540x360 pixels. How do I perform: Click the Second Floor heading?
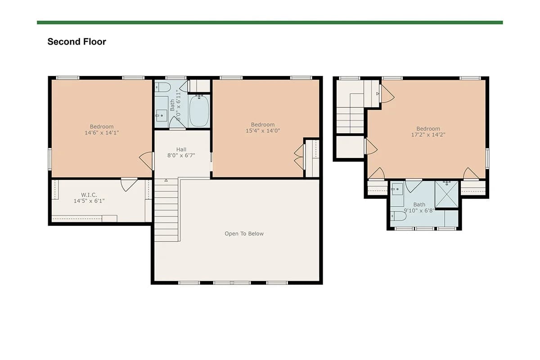pyautogui.click(x=76, y=42)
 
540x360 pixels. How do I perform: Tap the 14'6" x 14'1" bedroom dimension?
pyautogui.click(x=102, y=133)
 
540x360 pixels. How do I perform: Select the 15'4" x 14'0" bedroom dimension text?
pyautogui.click(x=263, y=130)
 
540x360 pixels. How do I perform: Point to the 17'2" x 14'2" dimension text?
pyautogui.click(x=428, y=135)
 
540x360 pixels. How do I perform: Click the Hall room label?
pyautogui.click(x=181, y=149)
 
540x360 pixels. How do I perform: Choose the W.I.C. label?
pyautogui.click(x=89, y=194)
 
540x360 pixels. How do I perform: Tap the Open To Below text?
pyautogui.click(x=244, y=234)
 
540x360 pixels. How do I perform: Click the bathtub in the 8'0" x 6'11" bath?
pyautogui.click(x=199, y=111)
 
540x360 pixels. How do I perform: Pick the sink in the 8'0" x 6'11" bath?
pyautogui.click(x=161, y=116)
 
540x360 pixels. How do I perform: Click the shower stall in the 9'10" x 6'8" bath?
pyautogui.click(x=446, y=194)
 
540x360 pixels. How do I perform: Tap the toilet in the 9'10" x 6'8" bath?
pyautogui.click(x=398, y=216)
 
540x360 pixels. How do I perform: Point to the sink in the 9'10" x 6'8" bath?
pyautogui.click(x=397, y=189)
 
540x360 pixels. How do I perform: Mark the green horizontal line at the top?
pyautogui.click(x=270, y=22)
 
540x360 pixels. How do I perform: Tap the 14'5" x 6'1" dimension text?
pyautogui.click(x=89, y=201)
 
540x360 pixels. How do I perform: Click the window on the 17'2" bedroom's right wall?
pyautogui.click(x=487, y=158)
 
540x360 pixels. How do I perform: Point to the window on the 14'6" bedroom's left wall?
pyautogui.click(x=50, y=159)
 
